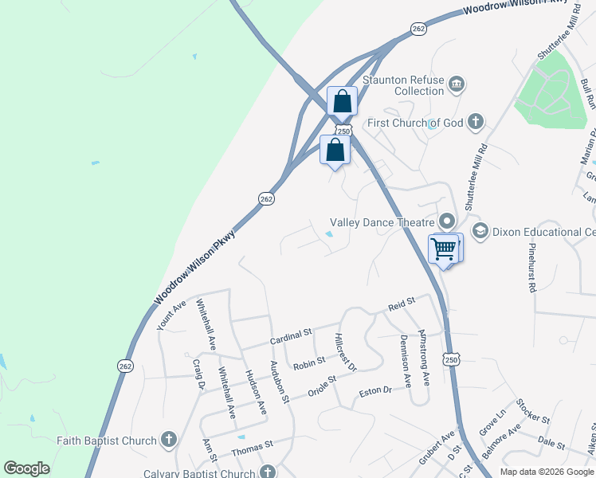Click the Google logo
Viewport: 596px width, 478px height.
point(26,468)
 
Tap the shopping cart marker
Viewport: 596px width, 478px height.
point(444,248)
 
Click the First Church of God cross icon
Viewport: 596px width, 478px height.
point(475,122)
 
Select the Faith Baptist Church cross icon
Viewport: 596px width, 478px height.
point(168,440)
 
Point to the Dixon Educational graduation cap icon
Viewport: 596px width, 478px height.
point(480,232)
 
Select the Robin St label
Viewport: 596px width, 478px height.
point(309,364)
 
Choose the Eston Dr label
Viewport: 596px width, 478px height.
point(376,391)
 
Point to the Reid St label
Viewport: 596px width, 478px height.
point(402,303)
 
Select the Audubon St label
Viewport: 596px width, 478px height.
point(280,382)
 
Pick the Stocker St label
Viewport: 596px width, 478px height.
point(533,411)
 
